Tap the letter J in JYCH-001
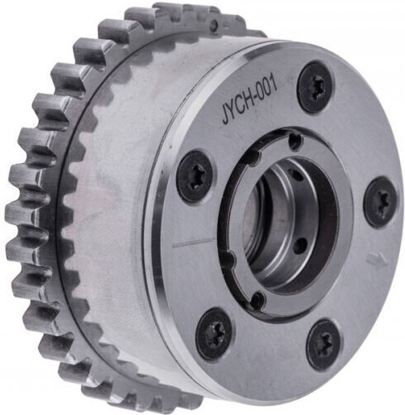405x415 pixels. pos(226,117)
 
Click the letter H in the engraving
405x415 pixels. pos(247,102)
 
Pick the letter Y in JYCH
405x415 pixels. pos(232,112)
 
